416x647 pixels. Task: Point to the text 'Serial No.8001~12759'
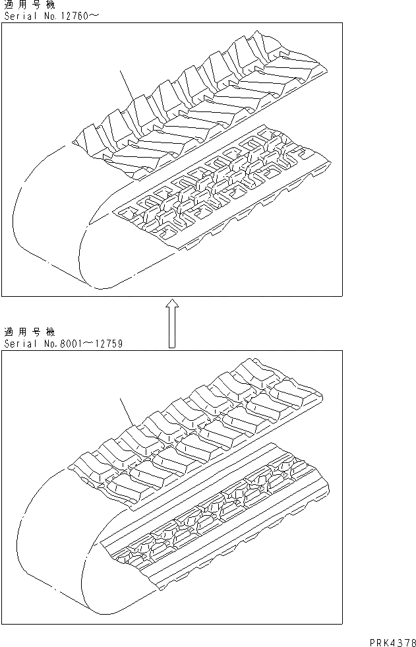point(63,344)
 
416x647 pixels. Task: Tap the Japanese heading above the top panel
point(30,5)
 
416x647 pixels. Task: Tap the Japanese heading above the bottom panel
point(30,332)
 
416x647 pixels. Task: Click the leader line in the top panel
point(127,86)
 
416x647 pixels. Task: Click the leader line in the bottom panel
point(127,412)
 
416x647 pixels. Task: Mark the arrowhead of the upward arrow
point(171,303)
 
